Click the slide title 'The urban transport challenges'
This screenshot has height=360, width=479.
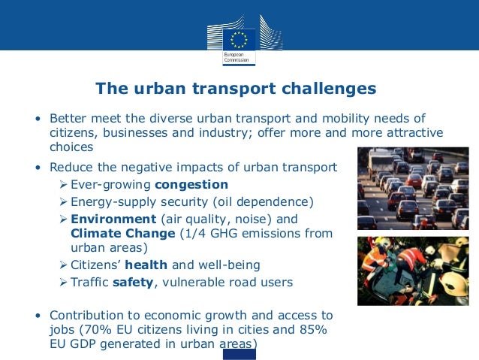236,89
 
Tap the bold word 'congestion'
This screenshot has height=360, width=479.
191,184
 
